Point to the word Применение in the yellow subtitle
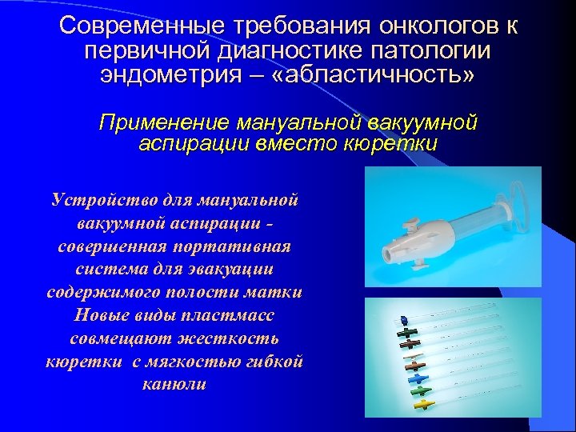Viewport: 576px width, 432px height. tap(163, 124)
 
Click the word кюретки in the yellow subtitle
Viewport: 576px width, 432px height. tap(394, 144)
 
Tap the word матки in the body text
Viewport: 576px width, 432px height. tap(275, 291)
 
